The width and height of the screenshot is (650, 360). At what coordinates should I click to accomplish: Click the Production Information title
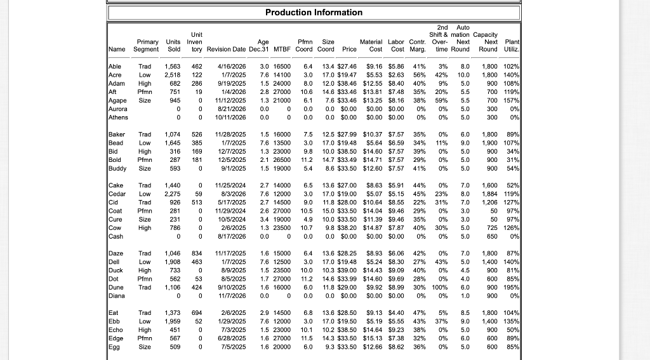click(314, 13)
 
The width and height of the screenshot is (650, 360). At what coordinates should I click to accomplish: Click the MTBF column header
click(281, 49)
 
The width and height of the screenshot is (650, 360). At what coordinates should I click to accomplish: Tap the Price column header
click(349, 49)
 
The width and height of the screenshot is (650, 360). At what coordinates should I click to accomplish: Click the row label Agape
click(117, 100)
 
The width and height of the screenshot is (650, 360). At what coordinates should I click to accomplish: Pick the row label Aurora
click(119, 109)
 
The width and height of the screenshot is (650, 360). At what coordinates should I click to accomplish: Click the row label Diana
click(118, 295)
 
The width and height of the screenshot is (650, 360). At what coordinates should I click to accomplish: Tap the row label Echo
click(117, 329)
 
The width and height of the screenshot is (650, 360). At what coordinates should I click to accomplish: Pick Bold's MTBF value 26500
click(281, 160)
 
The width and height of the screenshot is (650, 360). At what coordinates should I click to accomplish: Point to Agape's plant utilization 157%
click(512, 100)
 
